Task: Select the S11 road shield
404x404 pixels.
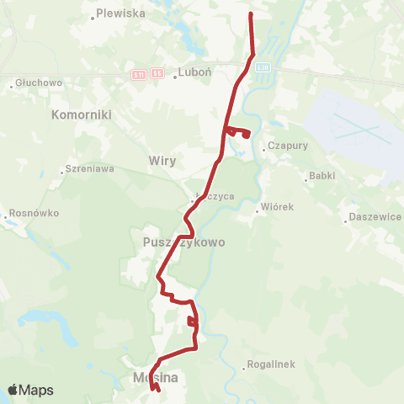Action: coord(139,74)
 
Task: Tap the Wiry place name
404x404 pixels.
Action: coord(161,159)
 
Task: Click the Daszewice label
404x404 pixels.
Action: coord(374,216)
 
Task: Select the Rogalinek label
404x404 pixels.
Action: coord(269,365)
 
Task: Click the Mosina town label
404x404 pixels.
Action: coord(155,379)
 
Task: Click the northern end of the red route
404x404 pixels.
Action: coord(251,14)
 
